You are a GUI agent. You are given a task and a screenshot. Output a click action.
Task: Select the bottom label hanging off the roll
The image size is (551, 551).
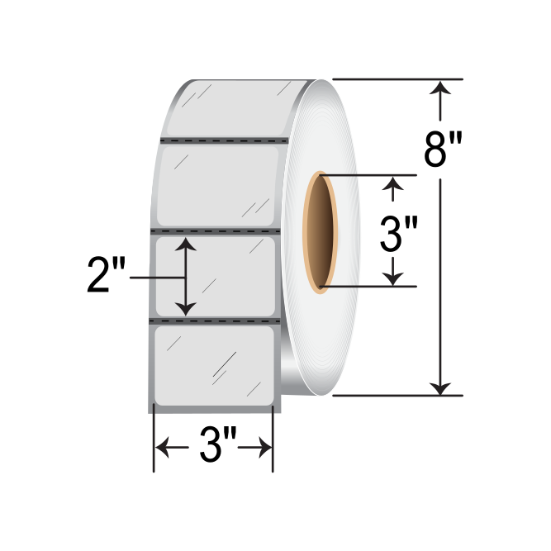[x=213, y=364]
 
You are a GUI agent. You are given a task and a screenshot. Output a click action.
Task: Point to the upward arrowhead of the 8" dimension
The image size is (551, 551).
[x=444, y=88]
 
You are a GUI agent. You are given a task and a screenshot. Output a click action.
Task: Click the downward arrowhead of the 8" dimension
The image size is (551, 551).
[x=444, y=385]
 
